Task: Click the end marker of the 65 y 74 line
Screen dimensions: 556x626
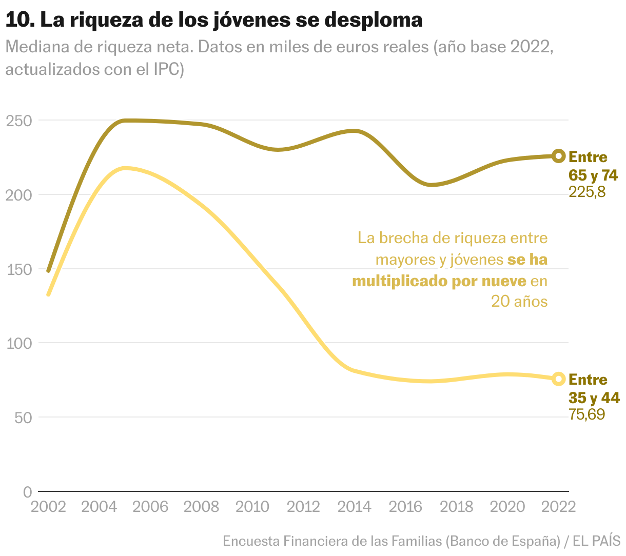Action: coord(559,156)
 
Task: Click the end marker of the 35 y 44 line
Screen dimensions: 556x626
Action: coord(559,379)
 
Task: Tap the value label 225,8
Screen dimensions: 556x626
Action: coord(587,192)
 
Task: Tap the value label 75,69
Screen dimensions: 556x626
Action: coord(587,414)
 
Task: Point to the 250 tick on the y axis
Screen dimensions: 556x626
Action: coord(19,121)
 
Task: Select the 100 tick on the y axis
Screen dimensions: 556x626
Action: coord(19,343)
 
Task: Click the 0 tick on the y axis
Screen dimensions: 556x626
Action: coord(27,491)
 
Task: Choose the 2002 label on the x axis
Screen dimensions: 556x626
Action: coord(48,507)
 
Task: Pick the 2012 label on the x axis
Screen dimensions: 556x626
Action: coord(303,507)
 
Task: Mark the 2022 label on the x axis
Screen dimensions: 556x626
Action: coord(558,507)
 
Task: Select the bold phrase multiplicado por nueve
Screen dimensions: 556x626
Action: coord(439,281)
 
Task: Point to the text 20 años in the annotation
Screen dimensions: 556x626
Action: coord(519,302)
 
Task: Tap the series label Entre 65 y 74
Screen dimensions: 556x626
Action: coord(593,166)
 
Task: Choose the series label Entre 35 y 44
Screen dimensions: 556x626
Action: coord(594,389)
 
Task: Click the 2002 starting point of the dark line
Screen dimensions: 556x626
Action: coord(48,270)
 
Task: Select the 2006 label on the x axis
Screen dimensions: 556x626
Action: coord(150,507)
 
